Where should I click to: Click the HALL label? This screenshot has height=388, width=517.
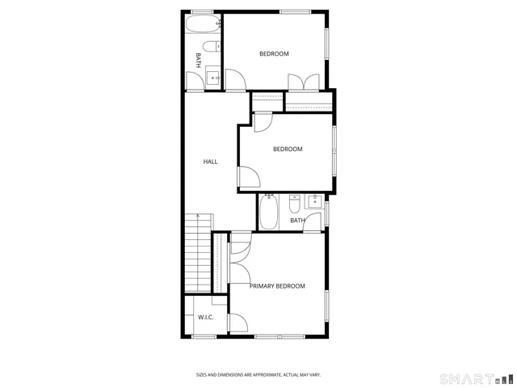pos(210,162)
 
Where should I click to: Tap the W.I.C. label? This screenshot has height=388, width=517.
pos(206,317)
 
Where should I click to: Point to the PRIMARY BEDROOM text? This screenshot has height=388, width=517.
pos(277,286)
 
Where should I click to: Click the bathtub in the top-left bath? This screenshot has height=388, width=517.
pos(202,26)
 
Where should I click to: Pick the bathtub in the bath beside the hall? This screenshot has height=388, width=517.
pos(270,213)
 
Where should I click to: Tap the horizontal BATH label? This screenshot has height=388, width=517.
pos(297,220)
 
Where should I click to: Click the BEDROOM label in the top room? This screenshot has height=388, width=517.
pos(274,54)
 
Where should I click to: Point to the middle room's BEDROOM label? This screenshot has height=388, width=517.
pos(288,149)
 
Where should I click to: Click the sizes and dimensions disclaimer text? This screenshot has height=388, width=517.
pos(258,374)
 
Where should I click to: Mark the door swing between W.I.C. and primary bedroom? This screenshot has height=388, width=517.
pos(237,323)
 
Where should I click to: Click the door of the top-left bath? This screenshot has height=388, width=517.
pos(195,82)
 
